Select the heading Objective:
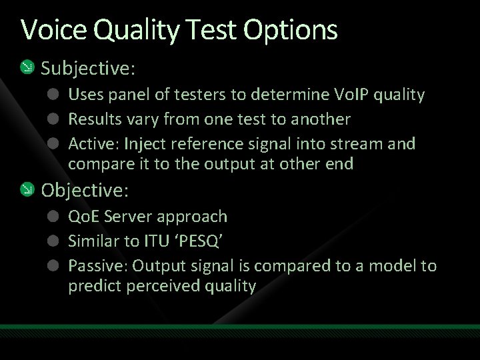coord(85,190)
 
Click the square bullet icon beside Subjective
coord(26,67)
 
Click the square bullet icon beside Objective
coord(26,190)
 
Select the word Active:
coord(93,144)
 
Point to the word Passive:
coord(98,266)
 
